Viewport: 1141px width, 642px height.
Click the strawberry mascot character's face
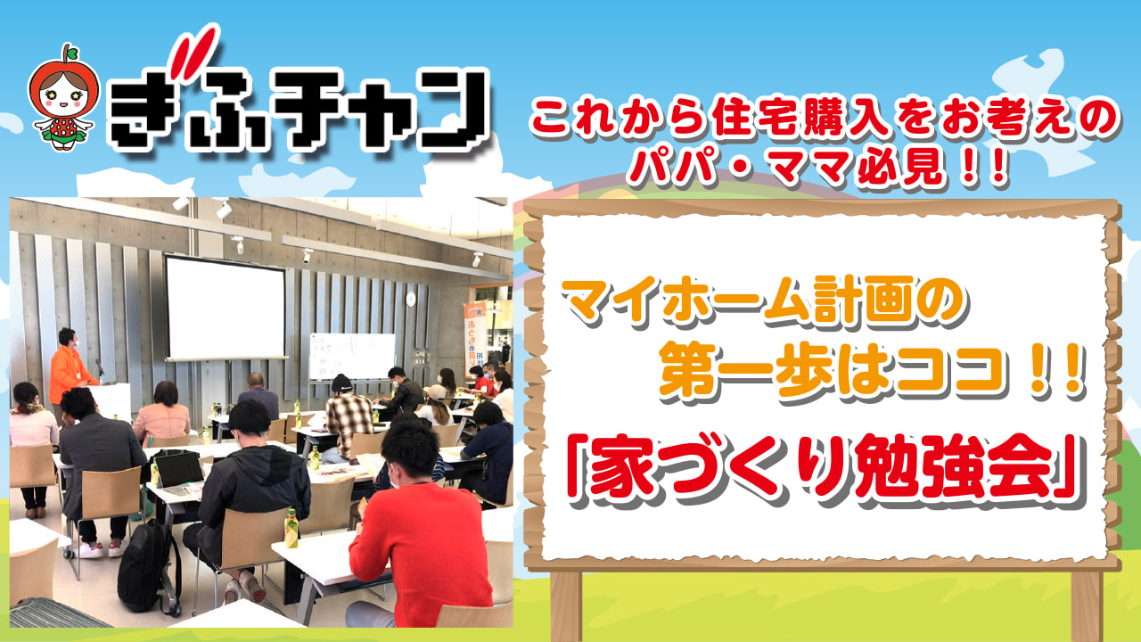click(63, 95)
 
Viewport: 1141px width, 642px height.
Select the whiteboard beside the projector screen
click(352, 356)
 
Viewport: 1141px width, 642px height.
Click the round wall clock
click(411, 299)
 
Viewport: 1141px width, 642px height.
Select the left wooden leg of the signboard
click(566, 606)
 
